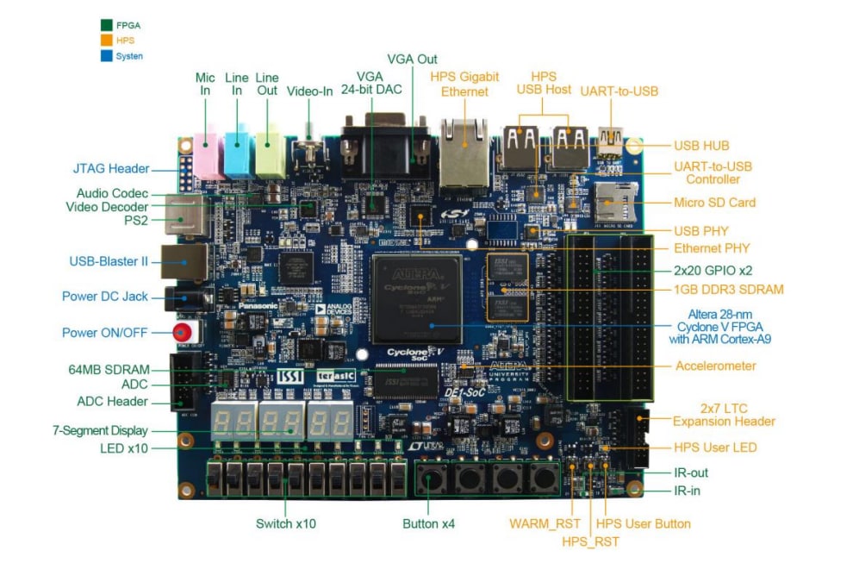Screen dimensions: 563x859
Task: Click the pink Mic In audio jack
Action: [x=207, y=153]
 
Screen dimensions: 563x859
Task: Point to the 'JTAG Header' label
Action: [x=111, y=169]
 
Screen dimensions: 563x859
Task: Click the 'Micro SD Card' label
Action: [x=714, y=203]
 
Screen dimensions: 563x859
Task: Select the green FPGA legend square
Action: [x=107, y=25]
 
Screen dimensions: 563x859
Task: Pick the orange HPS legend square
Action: [x=107, y=41]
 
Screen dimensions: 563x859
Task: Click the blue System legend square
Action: [x=107, y=56]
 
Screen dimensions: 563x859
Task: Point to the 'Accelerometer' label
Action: [x=715, y=366]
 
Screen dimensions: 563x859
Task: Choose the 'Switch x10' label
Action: [x=285, y=523]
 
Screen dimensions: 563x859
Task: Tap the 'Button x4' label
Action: [x=428, y=523]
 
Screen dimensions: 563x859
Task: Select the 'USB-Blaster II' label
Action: [x=109, y=261]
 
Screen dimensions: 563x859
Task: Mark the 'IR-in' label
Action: [x=690, y=491]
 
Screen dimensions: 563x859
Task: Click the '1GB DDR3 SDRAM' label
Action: [x=728, y=290]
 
